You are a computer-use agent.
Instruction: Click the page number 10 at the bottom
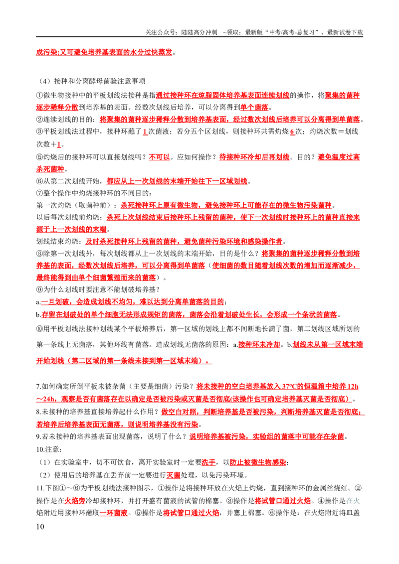(x=40, y=527)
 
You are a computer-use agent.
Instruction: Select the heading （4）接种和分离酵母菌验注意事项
(x=91, y=81)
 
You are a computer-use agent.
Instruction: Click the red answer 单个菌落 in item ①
(x=254, y=107)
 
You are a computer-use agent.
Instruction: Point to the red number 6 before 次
(x=292, y=132)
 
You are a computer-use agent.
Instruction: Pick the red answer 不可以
(x=159, y=157)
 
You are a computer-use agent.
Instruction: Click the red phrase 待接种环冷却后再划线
(x=254, y=157)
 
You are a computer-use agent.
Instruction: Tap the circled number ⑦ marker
(x=39, y=193)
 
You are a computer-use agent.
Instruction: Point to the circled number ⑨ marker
(x=39, y=289)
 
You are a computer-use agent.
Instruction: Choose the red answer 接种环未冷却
(x=259, y=345)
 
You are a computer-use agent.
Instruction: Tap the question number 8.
(x=38, y=412)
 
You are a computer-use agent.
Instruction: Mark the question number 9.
(x=38, y=436)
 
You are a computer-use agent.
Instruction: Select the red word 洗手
(x=208, y=462)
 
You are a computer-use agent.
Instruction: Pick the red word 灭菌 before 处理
(x=173, y=475)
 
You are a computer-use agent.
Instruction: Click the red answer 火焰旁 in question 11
(x=75, y=501)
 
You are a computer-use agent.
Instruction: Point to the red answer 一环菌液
(x=113, y=513)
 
